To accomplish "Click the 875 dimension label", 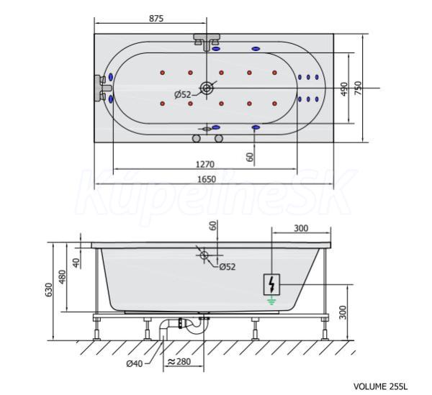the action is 156,19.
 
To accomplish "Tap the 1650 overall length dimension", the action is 207,179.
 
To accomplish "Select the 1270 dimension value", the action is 204,164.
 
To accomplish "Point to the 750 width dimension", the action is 358,88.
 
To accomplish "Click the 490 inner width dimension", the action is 344,89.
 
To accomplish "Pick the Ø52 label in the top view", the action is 183,95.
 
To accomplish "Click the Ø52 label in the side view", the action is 228,266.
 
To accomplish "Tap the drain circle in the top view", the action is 207,88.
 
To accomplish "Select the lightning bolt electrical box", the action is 271,285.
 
